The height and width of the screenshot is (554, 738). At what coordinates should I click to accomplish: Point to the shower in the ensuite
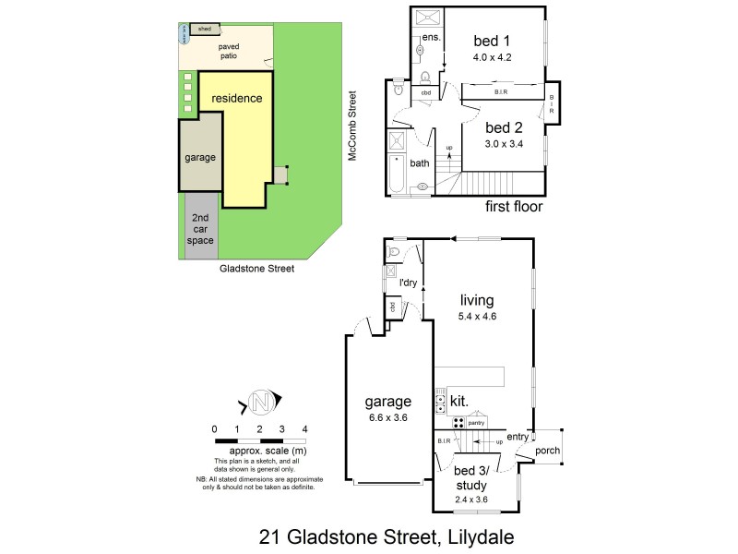click(x=426, y=18)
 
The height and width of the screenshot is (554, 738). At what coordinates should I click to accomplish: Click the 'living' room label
click(x=478, y=300)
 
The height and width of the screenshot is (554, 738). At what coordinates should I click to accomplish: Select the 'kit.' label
click(x=459, y=402)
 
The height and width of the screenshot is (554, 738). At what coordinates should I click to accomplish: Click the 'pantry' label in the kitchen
click(x=476, y=422)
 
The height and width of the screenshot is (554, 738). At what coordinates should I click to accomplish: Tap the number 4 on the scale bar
click(x=304, y=429)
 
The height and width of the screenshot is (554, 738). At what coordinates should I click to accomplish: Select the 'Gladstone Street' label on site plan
click(x=256, y=270)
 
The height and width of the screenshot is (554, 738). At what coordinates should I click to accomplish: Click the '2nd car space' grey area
click(x=200, y=228)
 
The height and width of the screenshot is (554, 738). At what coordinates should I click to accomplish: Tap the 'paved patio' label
click(x=228, y=52)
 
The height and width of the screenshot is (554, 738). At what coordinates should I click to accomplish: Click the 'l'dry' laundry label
click(x=405, y=283)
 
